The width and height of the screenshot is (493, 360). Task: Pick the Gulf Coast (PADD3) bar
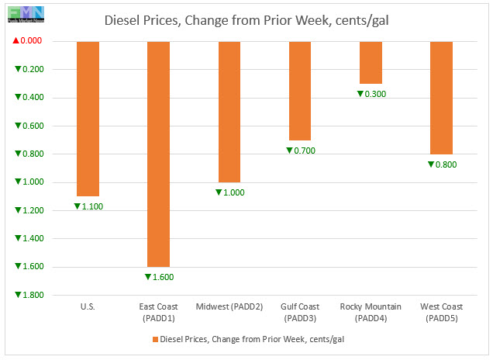click(x=300, y=90)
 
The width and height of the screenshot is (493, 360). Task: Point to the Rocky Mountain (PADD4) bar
click(x=371, y=62)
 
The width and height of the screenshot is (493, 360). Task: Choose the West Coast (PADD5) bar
click(x=441, y=97)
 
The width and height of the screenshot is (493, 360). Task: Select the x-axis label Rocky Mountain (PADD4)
click(x=371, y=312)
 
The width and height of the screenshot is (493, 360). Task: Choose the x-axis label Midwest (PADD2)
click(x=229, y=307)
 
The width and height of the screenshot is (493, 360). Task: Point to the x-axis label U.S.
click(x=88, y=307)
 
